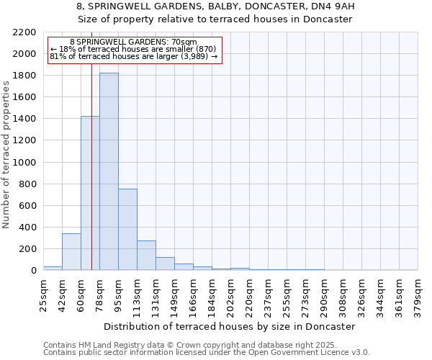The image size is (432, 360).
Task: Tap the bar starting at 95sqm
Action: (x=127, y=229)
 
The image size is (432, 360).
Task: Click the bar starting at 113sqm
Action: (x=146, y=256)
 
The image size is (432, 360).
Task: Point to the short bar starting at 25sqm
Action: (x=53, y=269)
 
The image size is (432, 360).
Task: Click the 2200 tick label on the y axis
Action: (x=24, y=32)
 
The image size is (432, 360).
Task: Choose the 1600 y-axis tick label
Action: (x=24, y=97)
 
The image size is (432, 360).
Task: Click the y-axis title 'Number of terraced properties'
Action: (x=7, y=154)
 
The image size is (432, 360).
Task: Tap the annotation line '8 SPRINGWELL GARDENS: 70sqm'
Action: (x=133, y=42)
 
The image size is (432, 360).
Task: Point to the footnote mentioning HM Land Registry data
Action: (x=205, y=346)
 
